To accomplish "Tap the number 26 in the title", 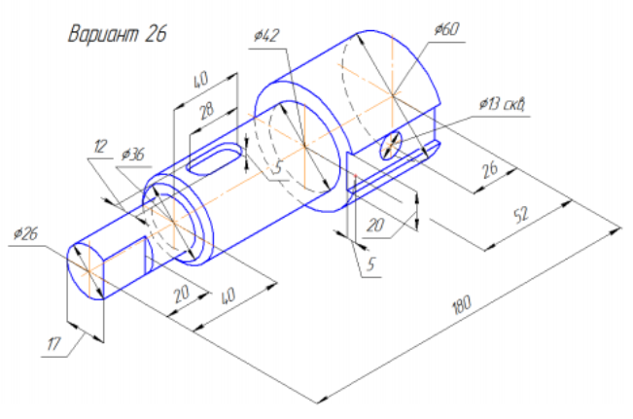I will pos(154,34).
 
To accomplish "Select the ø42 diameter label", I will pos(264,36).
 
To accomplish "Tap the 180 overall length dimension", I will pos(460,303).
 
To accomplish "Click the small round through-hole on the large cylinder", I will pos(392,141).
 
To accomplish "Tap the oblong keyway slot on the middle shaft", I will pos(215,157).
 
